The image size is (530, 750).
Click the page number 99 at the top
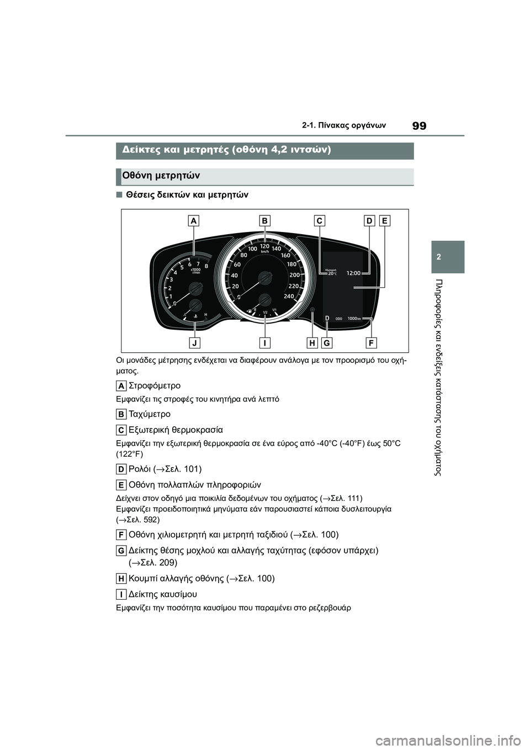point(420,125)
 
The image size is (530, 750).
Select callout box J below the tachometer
point(194,343)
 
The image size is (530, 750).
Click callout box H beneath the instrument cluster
point(312,343)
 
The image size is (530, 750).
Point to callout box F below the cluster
point(371,343)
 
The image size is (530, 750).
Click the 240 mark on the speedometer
point(289,296)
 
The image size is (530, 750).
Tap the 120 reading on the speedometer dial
point(264,246)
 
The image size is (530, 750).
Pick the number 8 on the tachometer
point(206,266)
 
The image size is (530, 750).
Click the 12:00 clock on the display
point(353,273)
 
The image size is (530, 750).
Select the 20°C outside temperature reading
point(332,273)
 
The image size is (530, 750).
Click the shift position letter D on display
point(327,319)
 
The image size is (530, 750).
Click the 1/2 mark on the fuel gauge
point(265,313)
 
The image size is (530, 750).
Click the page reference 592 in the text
point(148,520)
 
